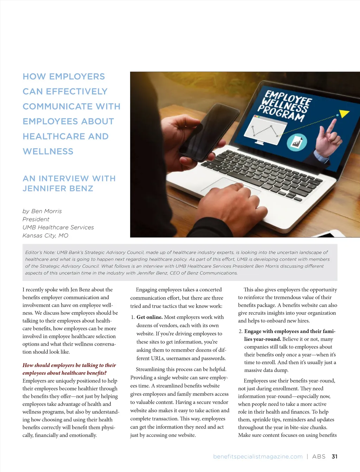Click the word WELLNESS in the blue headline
click(48, 151)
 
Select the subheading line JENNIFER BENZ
click(58, 189)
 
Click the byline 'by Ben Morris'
click(42, 211)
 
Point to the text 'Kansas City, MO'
click(45, 236)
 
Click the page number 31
click(334, 457)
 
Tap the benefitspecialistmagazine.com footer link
click(258, 457)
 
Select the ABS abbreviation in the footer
click(319, 457)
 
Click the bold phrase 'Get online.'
click(149, 317)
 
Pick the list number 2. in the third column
click(240, 331)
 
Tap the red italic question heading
click(69, 369)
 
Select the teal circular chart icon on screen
click(297, 142)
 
